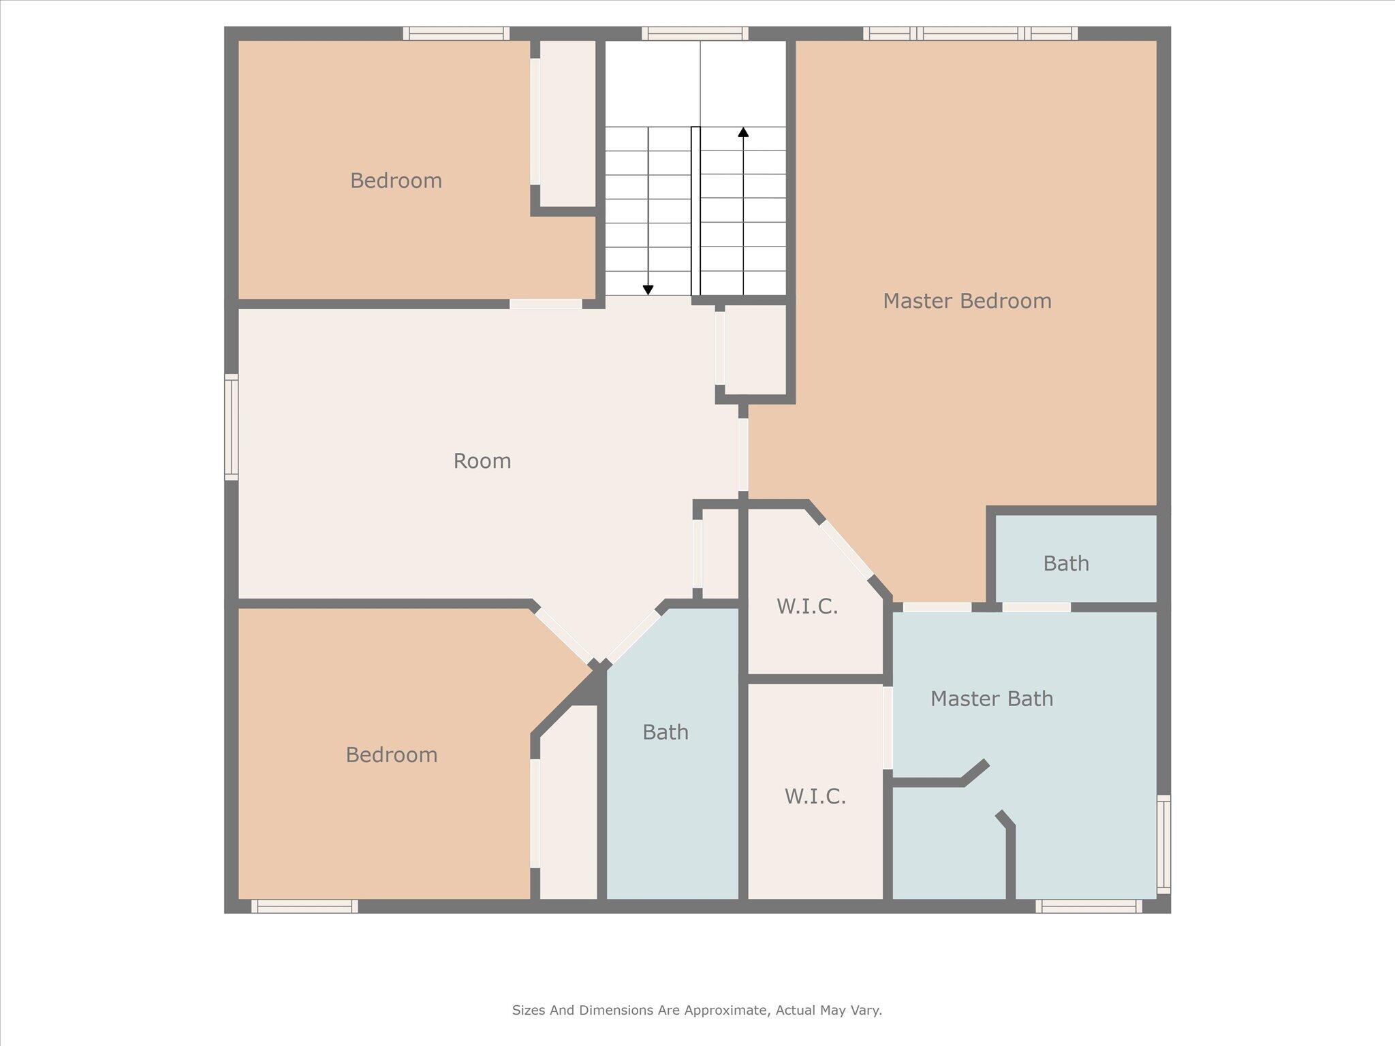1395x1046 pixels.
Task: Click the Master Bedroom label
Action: pos(967,301)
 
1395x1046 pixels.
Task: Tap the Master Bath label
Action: pos(991,699)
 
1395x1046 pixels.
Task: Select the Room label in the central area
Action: pos(482,461)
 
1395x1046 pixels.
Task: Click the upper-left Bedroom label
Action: pos(396,180)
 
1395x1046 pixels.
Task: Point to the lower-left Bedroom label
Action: pos(391,755)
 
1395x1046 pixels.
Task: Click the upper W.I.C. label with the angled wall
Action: pos(806,606)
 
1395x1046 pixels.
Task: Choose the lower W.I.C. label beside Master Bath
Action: pos(815,796)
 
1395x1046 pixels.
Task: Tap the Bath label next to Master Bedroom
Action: pos(1065,563)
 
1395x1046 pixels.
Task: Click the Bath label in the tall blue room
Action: pos(665,732)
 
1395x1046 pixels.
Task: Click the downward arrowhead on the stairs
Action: pos(648,290)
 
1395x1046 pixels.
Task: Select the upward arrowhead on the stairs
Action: pos(743,132)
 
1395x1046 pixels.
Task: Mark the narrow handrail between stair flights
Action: pos(695,211)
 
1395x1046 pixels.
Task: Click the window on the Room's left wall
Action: pos(232,427)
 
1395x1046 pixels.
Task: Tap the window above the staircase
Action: pos(695,33)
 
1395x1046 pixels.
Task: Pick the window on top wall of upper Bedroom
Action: pos(456,33)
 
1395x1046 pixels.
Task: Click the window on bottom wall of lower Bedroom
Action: pos(304,906)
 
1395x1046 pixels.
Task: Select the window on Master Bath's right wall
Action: pos(1163,844)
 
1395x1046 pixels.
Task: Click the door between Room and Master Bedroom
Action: pos(743,454)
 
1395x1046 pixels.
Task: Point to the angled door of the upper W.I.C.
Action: pos(845,550)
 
